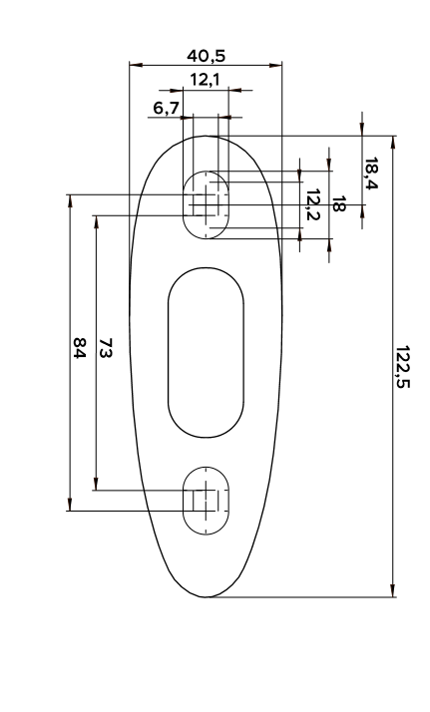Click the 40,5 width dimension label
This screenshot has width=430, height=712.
206,56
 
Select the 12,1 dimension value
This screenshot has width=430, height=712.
205,80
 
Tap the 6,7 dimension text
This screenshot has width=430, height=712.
167,108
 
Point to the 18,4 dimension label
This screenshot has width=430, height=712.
371,173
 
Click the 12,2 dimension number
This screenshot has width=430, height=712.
312,204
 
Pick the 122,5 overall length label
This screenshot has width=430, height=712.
402,367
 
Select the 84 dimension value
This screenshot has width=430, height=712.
80,348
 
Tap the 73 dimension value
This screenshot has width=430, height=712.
106,348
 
